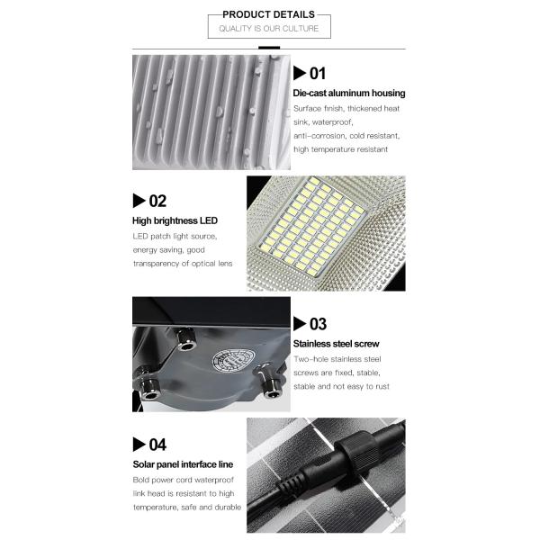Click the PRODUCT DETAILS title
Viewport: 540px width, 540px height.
[x=268, y=14]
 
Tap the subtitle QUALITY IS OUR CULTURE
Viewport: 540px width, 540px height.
[x=268, y=30]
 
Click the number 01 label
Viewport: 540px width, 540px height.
[x=317, y=74]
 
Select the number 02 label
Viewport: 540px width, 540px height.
[x=157, y=201]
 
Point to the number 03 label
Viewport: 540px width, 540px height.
[x=317, y=324]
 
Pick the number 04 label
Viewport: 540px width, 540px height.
[x=157, y=444]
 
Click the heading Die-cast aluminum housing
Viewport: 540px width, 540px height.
[x=348, y=93]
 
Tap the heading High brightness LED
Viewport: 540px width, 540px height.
[x=175, y=220]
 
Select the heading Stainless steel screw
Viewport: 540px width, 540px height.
[x=336, y=344]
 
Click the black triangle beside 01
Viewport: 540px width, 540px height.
[x=300, y=74]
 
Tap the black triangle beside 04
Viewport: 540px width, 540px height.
[x=139, y=444]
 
